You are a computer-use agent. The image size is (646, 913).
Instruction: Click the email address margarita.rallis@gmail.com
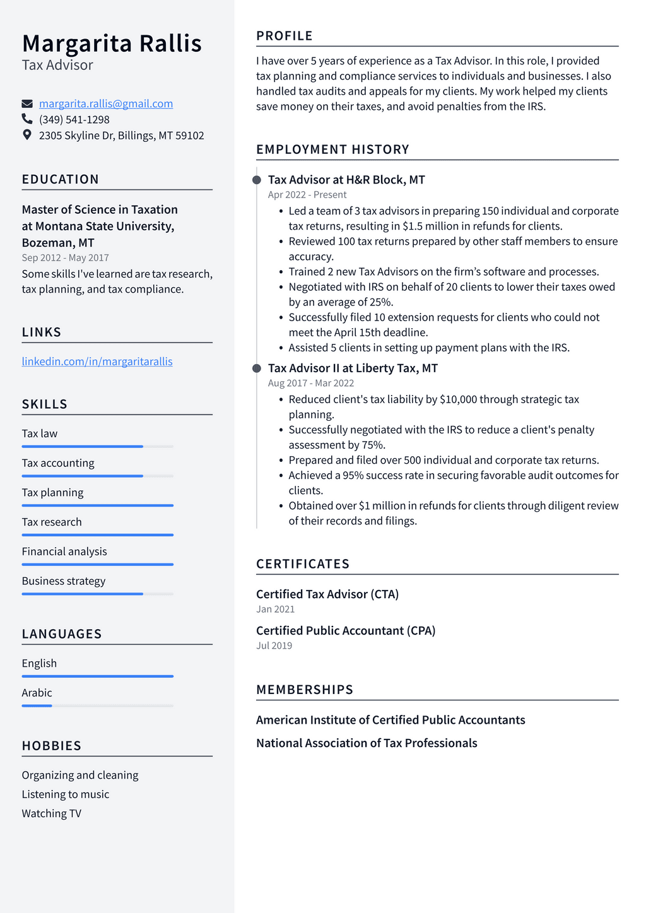tap(106, 103)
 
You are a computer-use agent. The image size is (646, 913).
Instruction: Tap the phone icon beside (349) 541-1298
tap(27, 119)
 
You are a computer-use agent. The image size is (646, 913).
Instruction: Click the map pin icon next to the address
tap(27, 134)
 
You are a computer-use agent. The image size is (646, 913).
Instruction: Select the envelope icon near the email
tap(27, 103)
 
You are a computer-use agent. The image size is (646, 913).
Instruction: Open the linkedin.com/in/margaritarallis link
tap(97, 362)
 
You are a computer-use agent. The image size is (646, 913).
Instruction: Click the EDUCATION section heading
tap(61, 179)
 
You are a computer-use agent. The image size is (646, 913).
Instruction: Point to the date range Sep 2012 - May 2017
tap(66, 257)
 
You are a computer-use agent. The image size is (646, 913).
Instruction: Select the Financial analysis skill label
tap(64, 551)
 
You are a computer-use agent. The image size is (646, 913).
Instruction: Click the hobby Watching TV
tap(52, 813)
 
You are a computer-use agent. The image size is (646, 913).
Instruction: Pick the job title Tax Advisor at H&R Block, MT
tap(346, 180)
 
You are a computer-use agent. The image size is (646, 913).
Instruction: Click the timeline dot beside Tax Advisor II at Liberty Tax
tap(257, 368)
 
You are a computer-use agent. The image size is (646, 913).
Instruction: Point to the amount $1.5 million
tap(430, 226)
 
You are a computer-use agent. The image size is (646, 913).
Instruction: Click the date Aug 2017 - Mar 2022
tap(311, 383)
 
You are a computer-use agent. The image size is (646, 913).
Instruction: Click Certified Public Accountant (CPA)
tap(346, 630)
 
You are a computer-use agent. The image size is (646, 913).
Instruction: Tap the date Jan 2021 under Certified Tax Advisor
tap(276, 609)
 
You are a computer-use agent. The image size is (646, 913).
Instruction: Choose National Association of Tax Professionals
tap(367, 743)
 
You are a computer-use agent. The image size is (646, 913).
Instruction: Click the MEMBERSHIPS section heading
tap(305, 690)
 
